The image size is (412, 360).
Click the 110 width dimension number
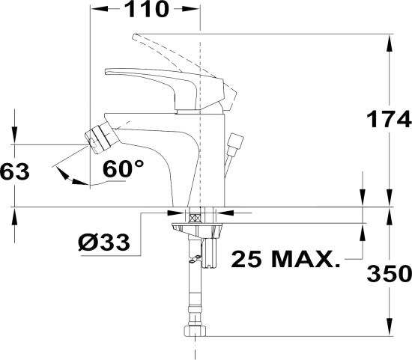(146, 9)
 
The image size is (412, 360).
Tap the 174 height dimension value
(389, 119)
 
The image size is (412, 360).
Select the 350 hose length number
(389, 274)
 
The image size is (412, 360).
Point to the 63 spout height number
(15, 171)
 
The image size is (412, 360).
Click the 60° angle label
(124, 169)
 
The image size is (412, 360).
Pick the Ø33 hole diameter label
(104, 242)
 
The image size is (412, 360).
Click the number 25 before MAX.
(246, 259)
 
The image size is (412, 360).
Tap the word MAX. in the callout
(306, 259)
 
